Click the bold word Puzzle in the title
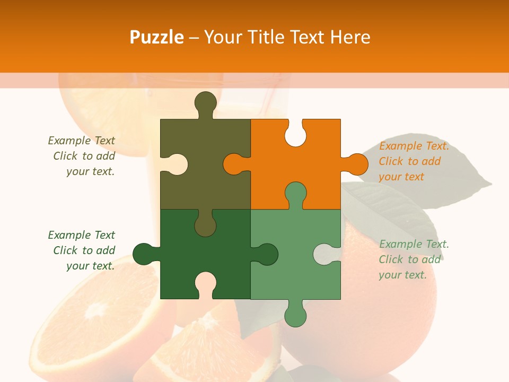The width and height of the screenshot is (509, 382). coord(157,37)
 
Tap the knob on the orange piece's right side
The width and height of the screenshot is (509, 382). coord(355,164)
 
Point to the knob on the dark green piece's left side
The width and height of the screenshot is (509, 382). coord(144,254)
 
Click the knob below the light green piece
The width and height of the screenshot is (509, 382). coord(295,314)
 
